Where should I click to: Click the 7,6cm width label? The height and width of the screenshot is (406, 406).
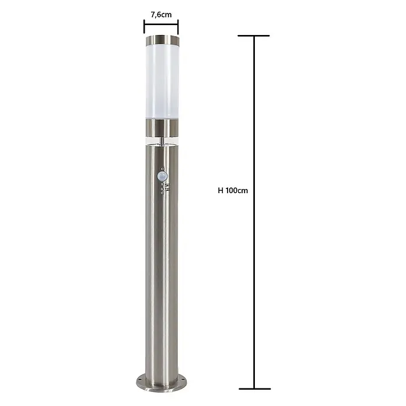(x=161, y=15)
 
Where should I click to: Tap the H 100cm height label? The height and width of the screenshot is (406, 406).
(x=233, y=191)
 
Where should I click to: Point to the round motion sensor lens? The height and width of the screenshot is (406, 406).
(x=162, y=176)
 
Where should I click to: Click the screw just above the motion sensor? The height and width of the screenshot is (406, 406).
(x=162, y=169)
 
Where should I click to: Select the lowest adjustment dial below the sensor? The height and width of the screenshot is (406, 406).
(x=162, y=193)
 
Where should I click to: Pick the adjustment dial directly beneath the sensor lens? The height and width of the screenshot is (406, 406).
(x=162, y=184)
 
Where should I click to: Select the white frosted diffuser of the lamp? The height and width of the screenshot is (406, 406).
(x=162, y=82)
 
